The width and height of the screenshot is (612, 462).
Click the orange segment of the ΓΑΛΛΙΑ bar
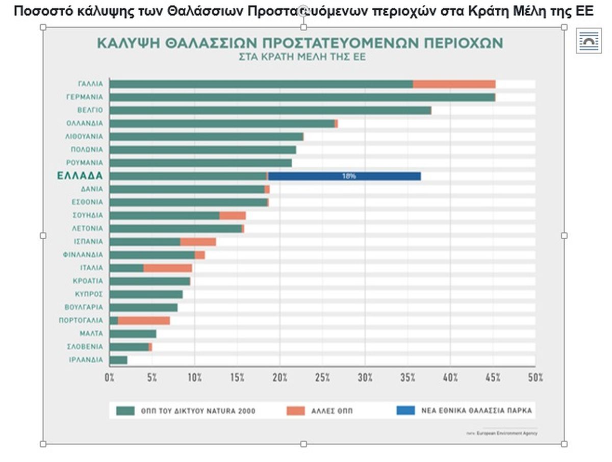(x=454, y=84)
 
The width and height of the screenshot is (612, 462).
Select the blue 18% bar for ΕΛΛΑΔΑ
(x=345, y=176)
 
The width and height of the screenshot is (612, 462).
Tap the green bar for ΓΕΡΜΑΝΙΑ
(x=302, y=97)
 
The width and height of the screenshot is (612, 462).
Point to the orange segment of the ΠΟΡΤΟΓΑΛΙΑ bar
(x=144, y=321)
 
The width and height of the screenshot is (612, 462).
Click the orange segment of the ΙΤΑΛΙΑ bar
(x=168, y=268)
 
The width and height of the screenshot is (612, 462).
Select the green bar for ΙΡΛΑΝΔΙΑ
(x=118, y=360)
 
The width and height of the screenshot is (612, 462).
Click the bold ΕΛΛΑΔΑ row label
(x=80, y=176)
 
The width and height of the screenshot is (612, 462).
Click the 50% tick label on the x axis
(x=535, y=378)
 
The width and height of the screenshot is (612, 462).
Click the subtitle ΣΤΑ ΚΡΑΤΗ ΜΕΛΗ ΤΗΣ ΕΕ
(x=302, y=57)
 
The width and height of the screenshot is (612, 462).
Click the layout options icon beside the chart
(x=590, y=41)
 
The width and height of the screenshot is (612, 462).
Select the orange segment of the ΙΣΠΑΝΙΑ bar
(x=198, y=242)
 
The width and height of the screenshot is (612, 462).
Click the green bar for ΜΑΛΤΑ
(x=133, y=334)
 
